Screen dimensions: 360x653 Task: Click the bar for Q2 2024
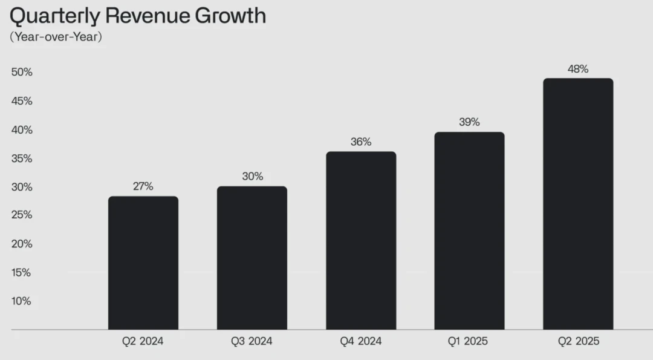click(143, 263)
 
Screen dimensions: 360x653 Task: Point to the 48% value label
click(578, 69)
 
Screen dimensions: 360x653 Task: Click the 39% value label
click(469, 122)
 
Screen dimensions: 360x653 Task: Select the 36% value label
click(361, 142)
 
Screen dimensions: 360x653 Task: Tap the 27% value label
click(143, 186)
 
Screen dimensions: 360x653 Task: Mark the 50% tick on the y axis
click(21, 72)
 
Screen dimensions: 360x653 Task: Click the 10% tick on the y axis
click(21, 301)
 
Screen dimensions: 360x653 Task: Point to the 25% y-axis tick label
click(21, 215)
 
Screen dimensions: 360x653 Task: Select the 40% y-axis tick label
click(21, 129)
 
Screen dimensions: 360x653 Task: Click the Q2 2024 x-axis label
click(143, 341)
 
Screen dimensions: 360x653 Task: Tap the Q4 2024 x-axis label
click(361, 341)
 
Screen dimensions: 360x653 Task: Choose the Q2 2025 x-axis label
click(578, 341)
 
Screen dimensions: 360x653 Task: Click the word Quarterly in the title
click(58, 16)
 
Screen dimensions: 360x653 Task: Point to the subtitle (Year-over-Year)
click(56, 36)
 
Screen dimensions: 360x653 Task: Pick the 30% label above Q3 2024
click(252, 176)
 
